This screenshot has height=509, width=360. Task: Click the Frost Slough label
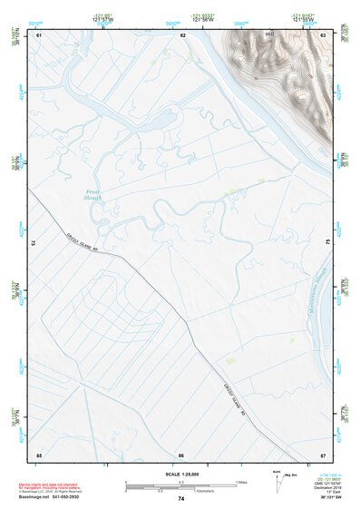(95, 195)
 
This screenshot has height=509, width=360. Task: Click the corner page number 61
(38, 35)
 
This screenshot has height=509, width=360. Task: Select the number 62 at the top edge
(183, 35)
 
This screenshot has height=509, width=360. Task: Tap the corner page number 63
(323, 35)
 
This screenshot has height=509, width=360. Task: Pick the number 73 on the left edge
(34, 243)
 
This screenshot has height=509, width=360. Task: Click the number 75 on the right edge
(327, 243)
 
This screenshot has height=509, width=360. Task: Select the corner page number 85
(38, 453)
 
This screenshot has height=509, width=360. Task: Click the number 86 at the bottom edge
(181, 453)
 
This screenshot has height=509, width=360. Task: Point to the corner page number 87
(323, 453)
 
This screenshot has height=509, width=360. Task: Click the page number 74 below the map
(181, 498)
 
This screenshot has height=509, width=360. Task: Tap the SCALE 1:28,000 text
(181, 474)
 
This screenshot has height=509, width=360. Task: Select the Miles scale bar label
(241, 481)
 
